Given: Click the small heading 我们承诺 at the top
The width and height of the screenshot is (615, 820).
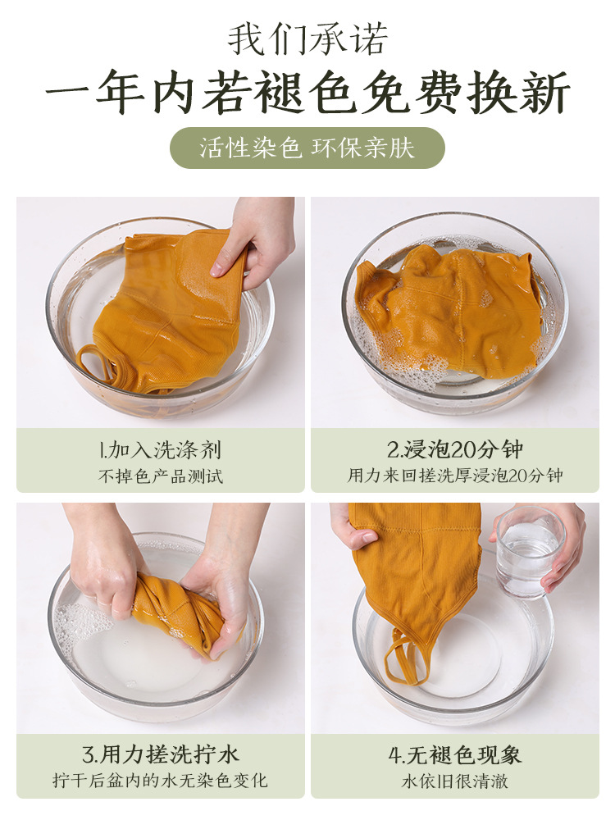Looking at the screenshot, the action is click(308, 39).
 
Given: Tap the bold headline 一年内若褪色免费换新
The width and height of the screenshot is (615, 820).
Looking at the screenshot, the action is click(307, 93).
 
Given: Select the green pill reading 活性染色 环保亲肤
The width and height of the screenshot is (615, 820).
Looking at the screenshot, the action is click(307, 148).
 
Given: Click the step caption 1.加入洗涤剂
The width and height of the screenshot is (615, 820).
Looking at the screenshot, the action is click(160, 449).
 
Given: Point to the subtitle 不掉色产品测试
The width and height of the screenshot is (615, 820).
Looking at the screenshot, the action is click(160, 476).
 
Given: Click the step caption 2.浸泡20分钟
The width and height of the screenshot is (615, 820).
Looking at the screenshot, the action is click(455, 449).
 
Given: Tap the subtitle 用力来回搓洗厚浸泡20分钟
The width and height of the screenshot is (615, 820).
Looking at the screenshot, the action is click(455, 476).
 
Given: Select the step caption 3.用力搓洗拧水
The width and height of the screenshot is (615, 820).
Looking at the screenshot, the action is click(160, 754).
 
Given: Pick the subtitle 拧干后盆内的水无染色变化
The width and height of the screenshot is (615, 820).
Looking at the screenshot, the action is click(160, 781).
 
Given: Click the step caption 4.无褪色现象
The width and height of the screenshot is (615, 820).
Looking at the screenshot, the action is click(455, 755).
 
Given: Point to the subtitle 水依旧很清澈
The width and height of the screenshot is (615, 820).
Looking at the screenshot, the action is click(455, 781).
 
